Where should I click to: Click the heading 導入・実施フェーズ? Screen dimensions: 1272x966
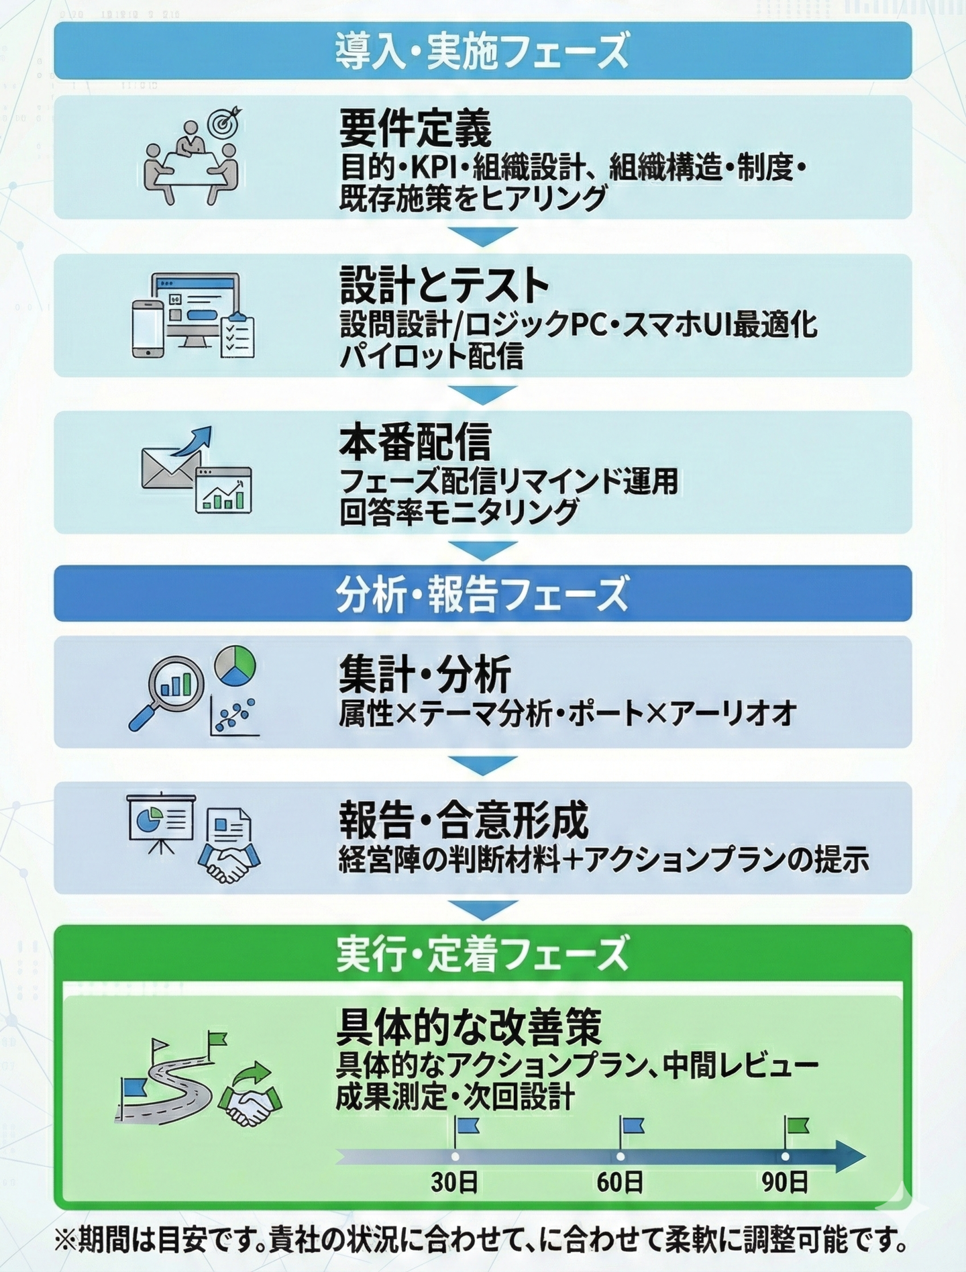482,51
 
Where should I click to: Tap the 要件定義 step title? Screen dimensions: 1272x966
415,128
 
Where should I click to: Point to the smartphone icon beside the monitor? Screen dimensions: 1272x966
148,328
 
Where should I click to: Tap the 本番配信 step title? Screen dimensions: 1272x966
415,442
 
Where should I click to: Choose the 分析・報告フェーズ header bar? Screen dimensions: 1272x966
482,594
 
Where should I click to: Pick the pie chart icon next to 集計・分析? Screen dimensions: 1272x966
235,665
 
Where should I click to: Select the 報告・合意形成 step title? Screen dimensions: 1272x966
464,820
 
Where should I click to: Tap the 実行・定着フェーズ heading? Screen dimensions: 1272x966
482,954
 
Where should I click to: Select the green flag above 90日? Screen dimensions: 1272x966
797,1126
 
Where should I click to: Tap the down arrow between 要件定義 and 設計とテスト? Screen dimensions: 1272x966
482,236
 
